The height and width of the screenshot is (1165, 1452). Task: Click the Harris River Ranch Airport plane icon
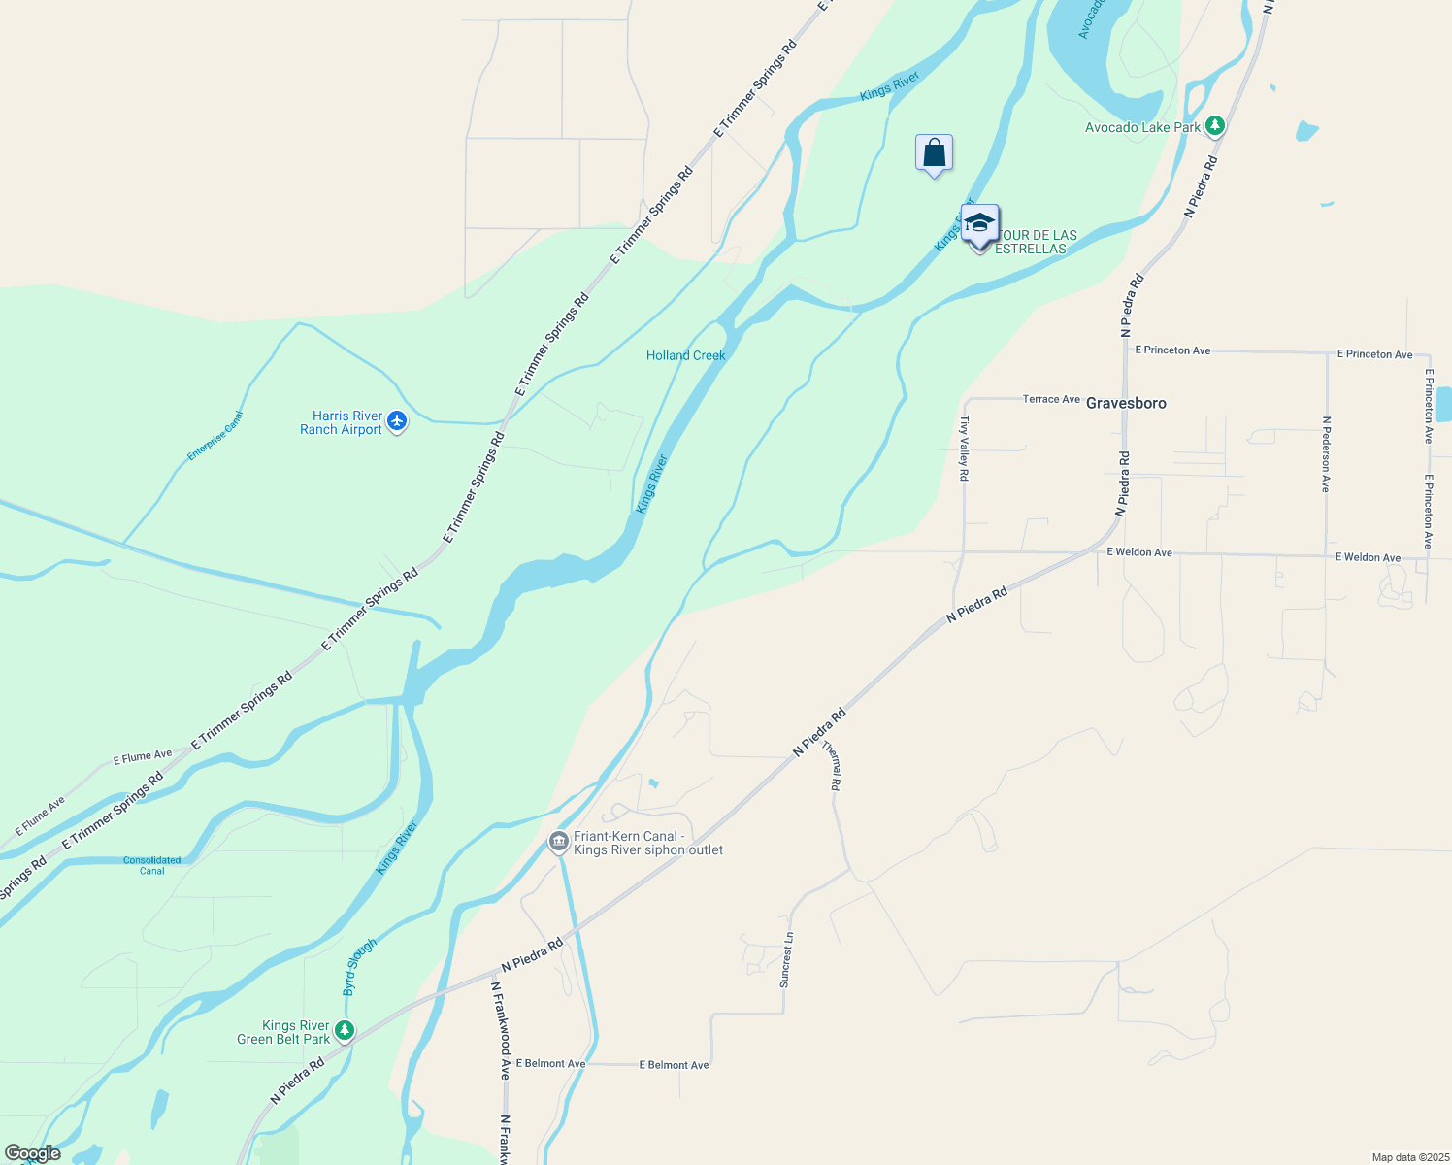click(396, 421)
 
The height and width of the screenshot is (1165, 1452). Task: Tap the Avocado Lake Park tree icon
click(1214, 126)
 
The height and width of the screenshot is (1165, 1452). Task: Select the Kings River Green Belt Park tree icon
click(344, 1030)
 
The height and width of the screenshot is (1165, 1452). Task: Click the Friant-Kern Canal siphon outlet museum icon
click(558, 842)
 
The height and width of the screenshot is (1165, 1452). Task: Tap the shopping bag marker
click(934, 153)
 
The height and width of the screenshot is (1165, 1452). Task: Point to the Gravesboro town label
click(1126, 403)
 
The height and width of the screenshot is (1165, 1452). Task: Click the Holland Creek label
click(686, 355)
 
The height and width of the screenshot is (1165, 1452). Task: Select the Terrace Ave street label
click(1051, 399)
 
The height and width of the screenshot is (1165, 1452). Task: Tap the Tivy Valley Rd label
click(964, 449)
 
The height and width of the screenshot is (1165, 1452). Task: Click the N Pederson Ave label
click(1326, 454)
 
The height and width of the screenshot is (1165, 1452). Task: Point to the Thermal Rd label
click(832, 766)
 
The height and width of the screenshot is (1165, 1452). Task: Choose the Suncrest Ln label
click(787, 960)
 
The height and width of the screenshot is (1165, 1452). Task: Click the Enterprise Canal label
click(215, 435)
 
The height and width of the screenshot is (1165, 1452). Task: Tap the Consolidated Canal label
click(151, 865)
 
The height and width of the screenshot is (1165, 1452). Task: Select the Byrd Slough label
click(359, 966)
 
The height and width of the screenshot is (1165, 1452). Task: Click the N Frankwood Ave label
click(500, 1030)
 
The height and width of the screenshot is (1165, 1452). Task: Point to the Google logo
click(33, 1153)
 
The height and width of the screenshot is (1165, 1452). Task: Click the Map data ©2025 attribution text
click(1409, 1157)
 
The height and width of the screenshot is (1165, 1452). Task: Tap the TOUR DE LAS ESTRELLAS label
click(1035, 242)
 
